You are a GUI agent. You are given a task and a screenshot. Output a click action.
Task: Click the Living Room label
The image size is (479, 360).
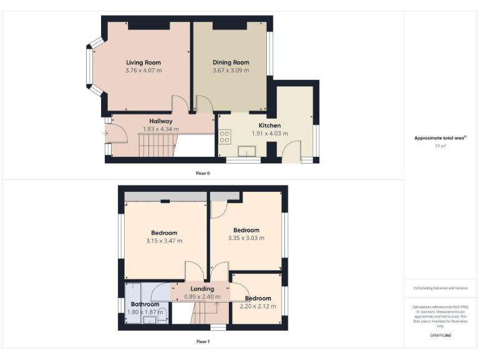click(x=143, y=62)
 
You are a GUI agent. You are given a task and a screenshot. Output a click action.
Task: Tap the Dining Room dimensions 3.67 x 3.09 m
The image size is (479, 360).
click(x=231, y=71)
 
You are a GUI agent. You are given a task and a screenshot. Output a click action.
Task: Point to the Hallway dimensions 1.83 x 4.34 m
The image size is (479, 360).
click(x=161, y=129)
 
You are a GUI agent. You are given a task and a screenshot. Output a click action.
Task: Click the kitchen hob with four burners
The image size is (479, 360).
click(x=225, y=136)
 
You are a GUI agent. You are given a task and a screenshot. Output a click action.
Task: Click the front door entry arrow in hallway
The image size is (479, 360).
click(x=105, y=133)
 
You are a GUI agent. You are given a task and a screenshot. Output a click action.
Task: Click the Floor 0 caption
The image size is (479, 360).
click(x=203, y=173)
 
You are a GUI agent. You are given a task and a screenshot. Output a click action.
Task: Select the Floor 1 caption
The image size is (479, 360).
click(x=203, y=342)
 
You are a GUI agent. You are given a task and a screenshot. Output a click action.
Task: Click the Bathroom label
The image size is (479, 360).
click(x=145, y=304)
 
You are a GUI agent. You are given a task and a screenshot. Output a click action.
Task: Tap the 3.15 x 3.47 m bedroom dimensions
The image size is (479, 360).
click(x=164, y=241)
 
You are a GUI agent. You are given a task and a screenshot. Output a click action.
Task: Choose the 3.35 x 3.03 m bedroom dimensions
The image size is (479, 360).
click(x=246, y=238)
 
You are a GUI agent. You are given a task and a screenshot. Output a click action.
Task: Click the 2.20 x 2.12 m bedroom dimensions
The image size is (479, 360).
click(x=258, y=306)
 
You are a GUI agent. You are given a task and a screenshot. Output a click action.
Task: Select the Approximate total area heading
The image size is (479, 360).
click(x=440, y=138)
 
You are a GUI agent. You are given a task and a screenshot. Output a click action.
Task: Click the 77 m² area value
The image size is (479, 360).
click(x=440, y=146)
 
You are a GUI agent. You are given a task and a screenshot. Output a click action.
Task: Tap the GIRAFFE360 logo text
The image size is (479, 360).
click(x=440, y=336)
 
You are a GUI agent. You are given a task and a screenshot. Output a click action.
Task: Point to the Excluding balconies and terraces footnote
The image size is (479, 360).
click(x=440, y=287)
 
